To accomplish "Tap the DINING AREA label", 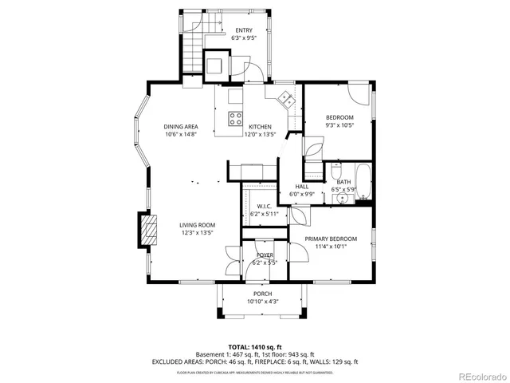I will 181,127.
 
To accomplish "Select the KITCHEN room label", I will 260,127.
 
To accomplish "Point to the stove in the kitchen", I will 237,118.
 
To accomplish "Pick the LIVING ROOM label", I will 197,225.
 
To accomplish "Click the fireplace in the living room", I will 147,231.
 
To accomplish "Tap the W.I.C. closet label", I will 265,206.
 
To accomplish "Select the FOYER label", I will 265,255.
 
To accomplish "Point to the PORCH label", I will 263,294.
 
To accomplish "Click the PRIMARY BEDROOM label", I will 331,239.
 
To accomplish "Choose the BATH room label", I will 343,182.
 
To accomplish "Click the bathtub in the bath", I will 363,183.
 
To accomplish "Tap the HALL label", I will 302,186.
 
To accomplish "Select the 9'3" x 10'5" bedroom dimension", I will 339,124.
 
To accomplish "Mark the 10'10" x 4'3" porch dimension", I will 263,301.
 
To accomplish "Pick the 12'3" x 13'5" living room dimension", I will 197,233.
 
